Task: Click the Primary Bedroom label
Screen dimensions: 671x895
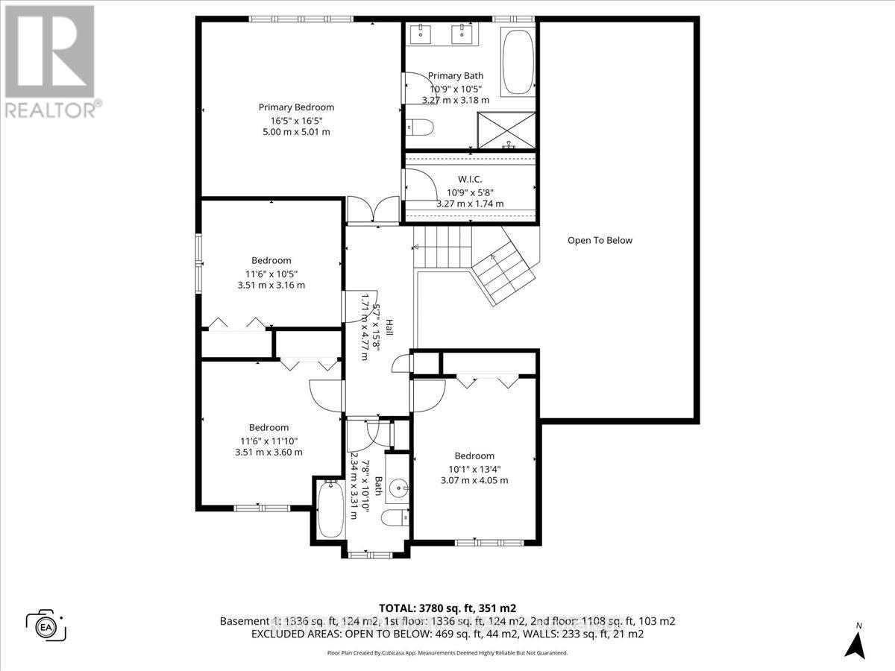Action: coord(296,107)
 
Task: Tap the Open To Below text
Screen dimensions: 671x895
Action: coord(600,240)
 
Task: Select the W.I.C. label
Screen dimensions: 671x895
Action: coord(469,179)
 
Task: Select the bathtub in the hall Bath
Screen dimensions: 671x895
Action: coord(329,510)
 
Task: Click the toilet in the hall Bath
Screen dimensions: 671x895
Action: coord(393,517)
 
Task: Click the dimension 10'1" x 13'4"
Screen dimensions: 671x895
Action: coord(474,469)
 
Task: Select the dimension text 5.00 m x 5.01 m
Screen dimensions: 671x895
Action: coord(296,131)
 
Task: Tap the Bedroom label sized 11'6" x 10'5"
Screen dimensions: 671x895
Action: coord(271,260)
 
